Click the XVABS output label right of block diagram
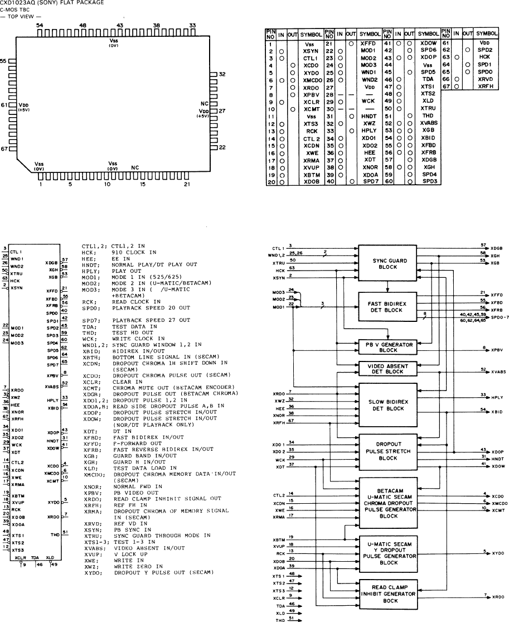click(x=498, y=370)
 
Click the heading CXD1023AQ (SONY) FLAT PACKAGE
click(x=52, y=3)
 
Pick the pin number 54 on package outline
click(x=39, y=26)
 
